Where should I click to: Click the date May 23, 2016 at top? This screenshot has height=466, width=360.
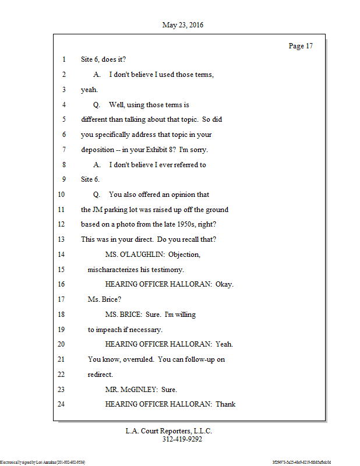point(183,25)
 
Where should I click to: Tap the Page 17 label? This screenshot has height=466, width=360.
point(301,46)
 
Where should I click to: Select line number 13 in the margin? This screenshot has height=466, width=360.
point(62,239)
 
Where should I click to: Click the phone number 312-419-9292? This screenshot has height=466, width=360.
point(182,439)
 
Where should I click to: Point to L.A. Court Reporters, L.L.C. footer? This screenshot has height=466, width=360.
point(169,431)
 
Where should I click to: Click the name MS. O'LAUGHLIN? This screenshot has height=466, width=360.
point(134,255)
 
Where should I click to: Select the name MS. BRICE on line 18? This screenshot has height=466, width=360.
point(124,315)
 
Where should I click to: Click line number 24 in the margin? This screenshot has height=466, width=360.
point(62,404)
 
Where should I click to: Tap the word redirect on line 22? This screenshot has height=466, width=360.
point(100,375)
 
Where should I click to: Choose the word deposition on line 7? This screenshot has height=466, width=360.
point(98,150)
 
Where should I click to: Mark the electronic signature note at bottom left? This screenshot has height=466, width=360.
point(43,462)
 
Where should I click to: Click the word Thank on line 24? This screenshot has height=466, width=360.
point(225,404)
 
